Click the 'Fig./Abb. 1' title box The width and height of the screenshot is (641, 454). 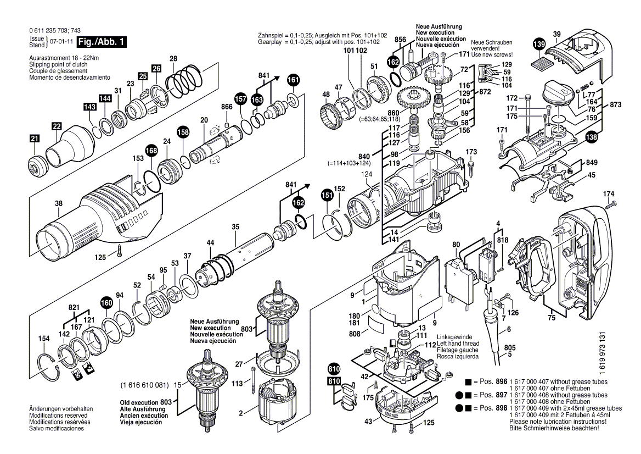pos(103,42)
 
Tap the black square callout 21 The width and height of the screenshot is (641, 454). pos(35,140)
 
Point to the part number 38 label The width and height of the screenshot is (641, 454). pos(59,203)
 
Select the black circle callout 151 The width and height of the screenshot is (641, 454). pos(327,195)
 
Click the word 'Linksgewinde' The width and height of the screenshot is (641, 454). pos(454,337)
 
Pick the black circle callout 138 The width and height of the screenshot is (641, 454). pos(591,139)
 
